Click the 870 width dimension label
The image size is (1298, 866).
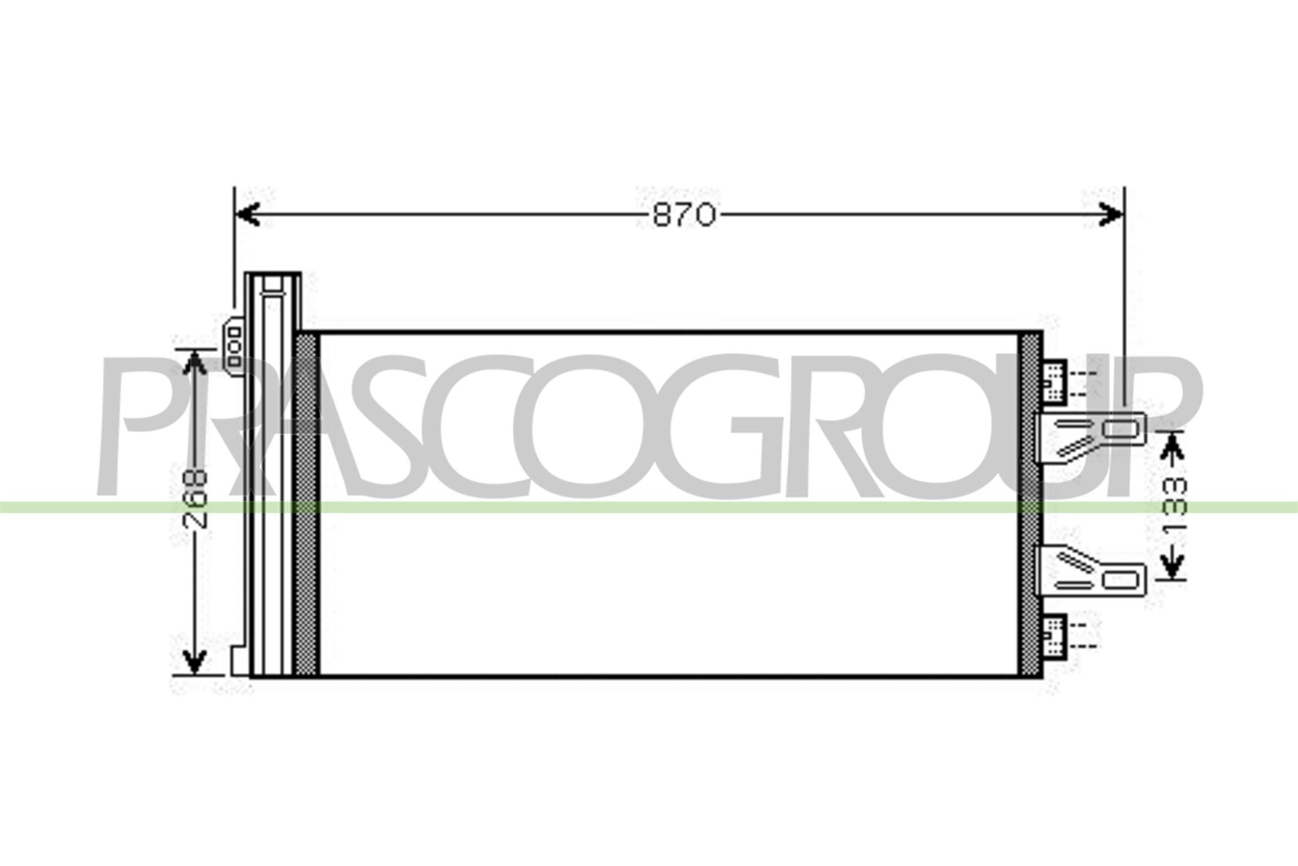point(684,215)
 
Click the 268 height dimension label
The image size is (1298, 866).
point(194,498)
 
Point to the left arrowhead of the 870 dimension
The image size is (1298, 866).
point(248,214)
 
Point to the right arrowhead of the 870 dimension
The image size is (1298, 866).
point(1110,214)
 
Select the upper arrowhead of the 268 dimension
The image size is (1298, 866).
point(194,362)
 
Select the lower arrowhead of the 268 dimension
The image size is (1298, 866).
point(194,661)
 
